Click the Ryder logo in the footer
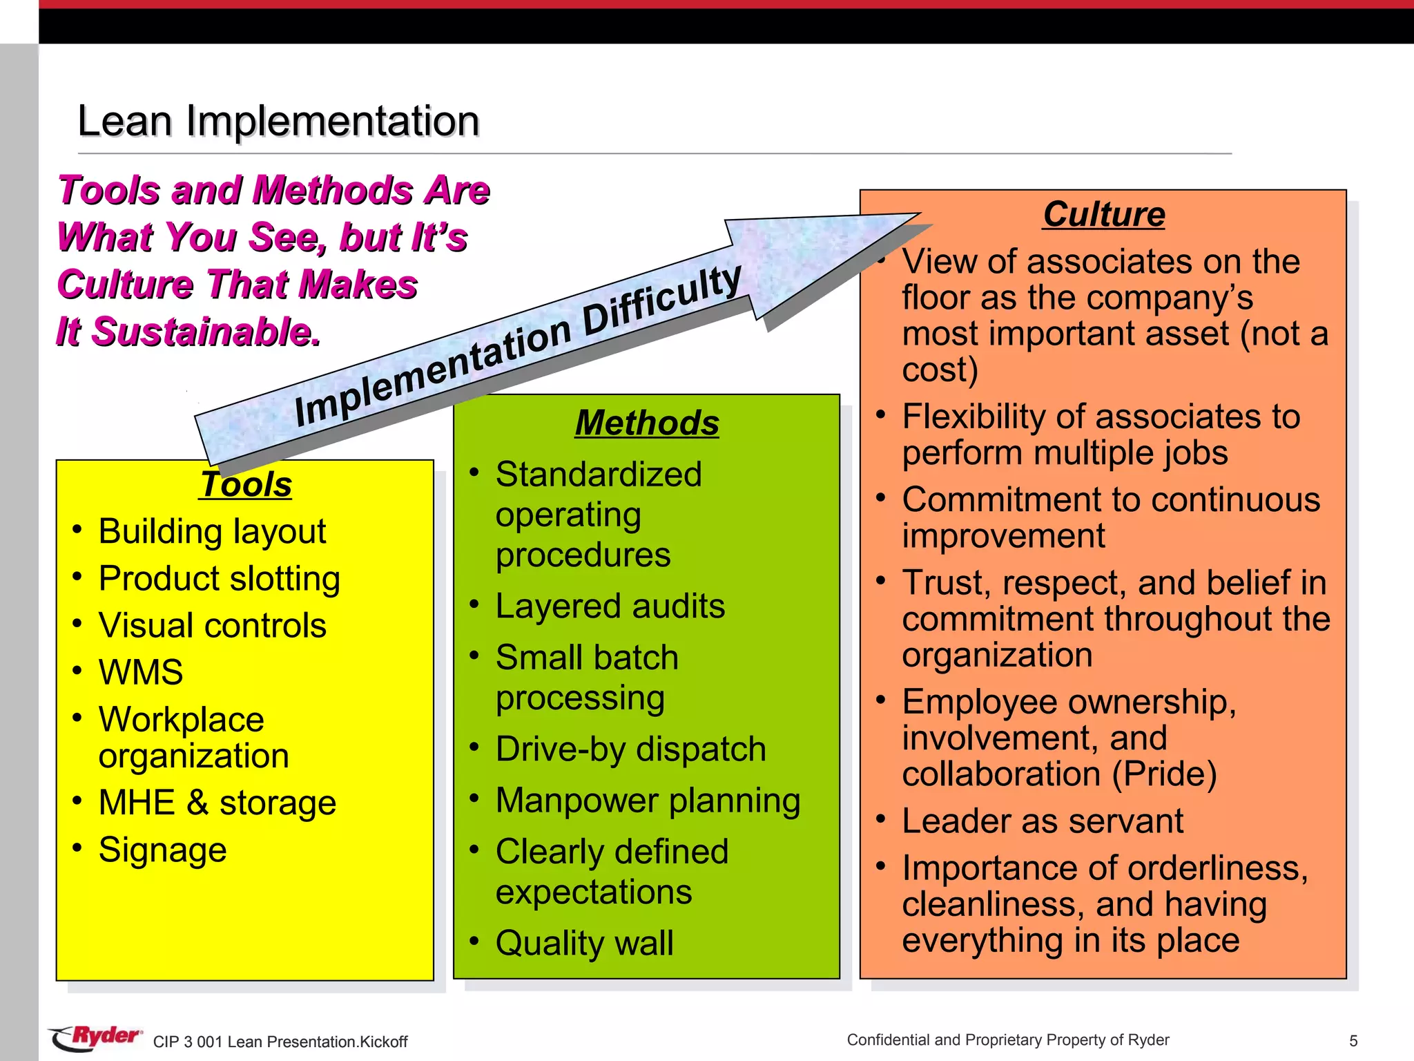pyautogui.click(x=97, y=1038)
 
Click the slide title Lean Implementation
pyautogui.click(x=278, y=121)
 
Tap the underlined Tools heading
pyautogui.click(x=246, y=484)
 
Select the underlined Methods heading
pyautogui.click(x=647, y=423)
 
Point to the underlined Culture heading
pyautogui.click(x=1103, y=214)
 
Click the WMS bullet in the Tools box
pyautogui.click(x=141, y=672)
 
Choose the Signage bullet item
pyautogui.click(x=162, y=850)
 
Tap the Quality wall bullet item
pyautogui.click(x=584, y=943)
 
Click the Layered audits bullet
pyautogui.click(x=610, y=606)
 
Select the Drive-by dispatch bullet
pyautogui.click(x=630, y=749)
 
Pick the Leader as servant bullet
pyautogui.click(x=1043, y=821)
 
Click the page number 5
pyautogui.click(x=1353, y=1041)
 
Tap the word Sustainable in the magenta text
pyautogui.click(x=205, y=332)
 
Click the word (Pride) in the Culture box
pyautogui.click(x=1164, y=774)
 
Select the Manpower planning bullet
pyautogui.click(x=648, y=801)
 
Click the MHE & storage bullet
pyautogui.click(x=217, y=803)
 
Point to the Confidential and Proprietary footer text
pyautogui.click(x=1007, y=1040)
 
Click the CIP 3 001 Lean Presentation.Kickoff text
pyautogui.click(x=280, y=1042)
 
